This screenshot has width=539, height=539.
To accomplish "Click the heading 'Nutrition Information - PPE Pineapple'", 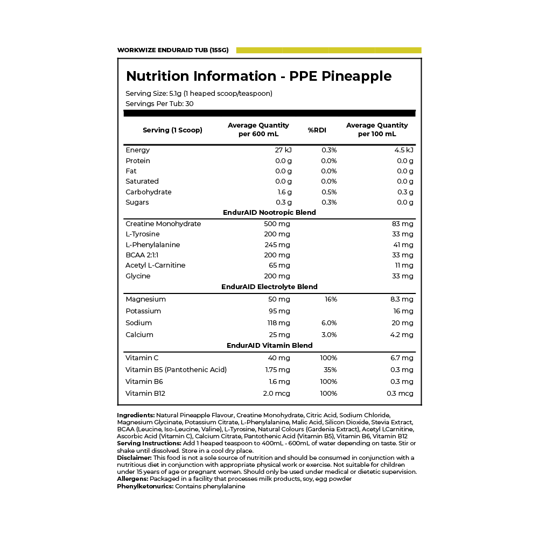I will (258, 76).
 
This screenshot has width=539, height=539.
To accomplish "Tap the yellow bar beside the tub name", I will (328, 50).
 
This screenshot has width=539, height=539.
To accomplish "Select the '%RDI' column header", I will (317, 130).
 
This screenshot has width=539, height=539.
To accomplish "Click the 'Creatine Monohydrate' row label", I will (163, 224).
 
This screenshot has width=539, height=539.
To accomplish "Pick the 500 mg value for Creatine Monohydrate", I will (277, 224).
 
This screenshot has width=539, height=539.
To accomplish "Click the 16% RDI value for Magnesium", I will (331, 299).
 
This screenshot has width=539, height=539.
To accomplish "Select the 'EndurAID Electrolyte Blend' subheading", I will (269, 287).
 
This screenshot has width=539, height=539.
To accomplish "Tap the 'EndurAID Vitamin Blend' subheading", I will (269, 346).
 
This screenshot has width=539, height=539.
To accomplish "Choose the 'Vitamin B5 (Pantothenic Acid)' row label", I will (176, 370).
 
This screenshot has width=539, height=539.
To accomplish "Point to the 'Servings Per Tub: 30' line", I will (159, 104).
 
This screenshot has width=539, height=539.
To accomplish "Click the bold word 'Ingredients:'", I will (136, 415).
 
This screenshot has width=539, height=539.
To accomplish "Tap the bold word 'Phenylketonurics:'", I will (145, 486).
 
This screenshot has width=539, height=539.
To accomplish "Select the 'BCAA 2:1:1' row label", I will (143, 255).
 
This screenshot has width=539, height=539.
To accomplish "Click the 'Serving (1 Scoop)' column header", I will (172, 130).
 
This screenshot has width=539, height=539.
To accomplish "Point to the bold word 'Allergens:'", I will (132, 479).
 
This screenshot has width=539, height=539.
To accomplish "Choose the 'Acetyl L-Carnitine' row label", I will (155, 265).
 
